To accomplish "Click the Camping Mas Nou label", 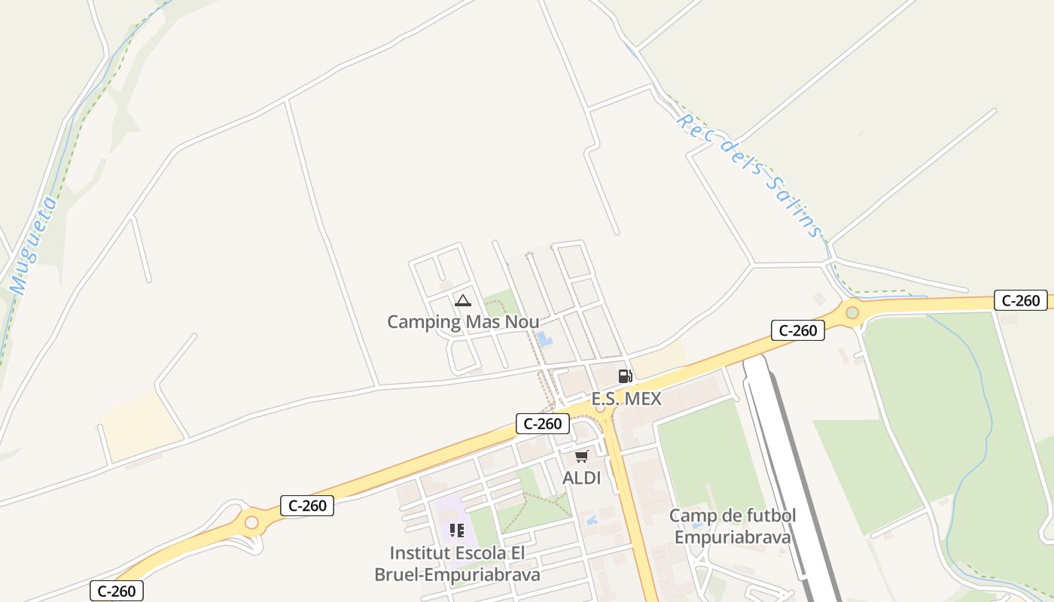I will [x=463, y=322].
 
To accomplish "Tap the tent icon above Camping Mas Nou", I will [x=463, y=301].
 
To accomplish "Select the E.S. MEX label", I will [x=626, y=399].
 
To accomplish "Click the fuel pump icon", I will [x=625, y=376].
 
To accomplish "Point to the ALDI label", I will [x=582, y=478].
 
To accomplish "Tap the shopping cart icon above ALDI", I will [x=582, y=457].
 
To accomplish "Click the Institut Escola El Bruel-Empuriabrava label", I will [x=457, y=564].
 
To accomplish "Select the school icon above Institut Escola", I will [x=457, y=531].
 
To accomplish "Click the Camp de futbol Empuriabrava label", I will [x=733, y=527].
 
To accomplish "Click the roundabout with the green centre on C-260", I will [x=852, y=312].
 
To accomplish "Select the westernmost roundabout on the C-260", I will [x=251, y=522].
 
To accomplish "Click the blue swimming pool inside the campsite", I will [x=544, y=339].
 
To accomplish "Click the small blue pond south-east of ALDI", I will [x=590, y=519].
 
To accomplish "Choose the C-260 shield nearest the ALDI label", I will [x=542, y=424].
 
